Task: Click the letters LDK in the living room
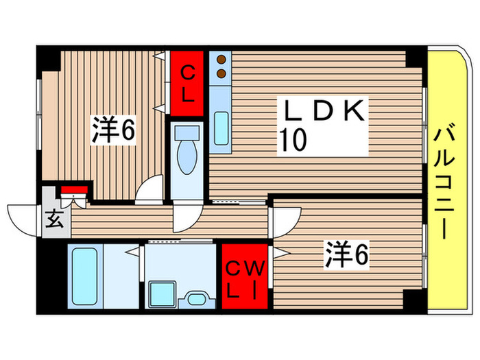click(x=323, y=112)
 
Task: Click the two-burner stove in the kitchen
click(x=221, y=67)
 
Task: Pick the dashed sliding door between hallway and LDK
click(x=237, y=202)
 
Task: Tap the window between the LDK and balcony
click(x=424, y=123)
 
